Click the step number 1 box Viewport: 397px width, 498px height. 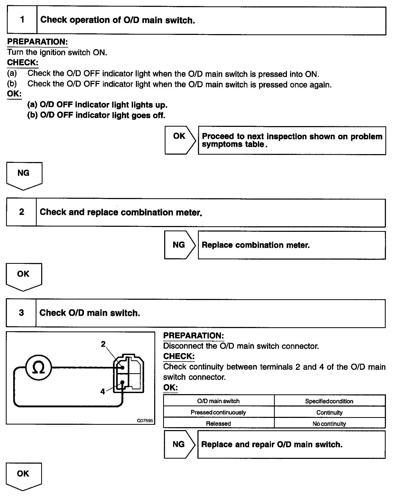point(22,20)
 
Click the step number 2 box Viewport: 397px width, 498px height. point(21,212)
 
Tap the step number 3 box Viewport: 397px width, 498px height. point(21,313)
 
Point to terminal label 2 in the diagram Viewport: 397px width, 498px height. point(103,344)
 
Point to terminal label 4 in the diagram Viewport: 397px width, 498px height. point(103,391)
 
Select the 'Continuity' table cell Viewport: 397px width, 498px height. point(329,412)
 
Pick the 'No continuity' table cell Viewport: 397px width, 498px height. point(329,424)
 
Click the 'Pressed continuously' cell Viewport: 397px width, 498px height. point(219,412)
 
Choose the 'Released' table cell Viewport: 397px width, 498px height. point(219,424)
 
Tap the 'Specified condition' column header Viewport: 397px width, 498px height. point(329,401)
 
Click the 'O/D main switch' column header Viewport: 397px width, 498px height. point(219,401)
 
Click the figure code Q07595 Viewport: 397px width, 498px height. point(145,420)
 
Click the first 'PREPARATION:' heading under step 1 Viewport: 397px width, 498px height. point(37,42)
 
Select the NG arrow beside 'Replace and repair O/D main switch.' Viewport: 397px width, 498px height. point(179,444)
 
